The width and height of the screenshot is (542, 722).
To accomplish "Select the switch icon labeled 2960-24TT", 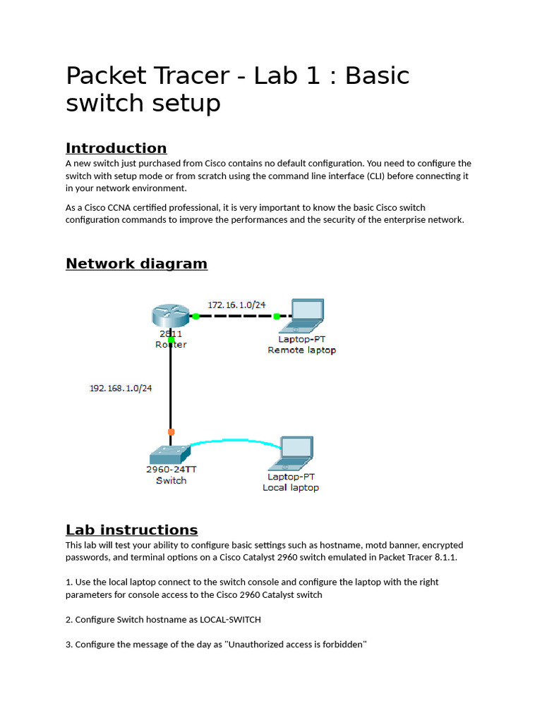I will pyautogui.click(x=170, y=453).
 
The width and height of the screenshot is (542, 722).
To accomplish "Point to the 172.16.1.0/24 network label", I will pyautogui.click(x=236, y=305).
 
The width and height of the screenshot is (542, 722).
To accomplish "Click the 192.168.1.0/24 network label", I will pyautogui.click(x=120, y=388).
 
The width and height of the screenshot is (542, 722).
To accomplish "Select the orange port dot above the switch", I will pyautogui.click(x=171, y=432).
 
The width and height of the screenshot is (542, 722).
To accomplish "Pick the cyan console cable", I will pyautogui.click(x=233, y=441).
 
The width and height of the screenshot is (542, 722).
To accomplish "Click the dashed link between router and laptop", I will pyautogui.click(x=236, y=317).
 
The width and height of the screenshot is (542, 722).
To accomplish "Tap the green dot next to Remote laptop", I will pyautogui.click(x=277, y=317).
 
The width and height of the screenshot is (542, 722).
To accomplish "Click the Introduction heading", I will pyautogui.click(x=116, y=148).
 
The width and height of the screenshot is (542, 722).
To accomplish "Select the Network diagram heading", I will pyautogui.click(x=136, y=264).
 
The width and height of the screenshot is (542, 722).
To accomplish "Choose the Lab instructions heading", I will pyautogui.click(x=131, y=530).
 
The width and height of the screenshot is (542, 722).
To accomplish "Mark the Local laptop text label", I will pyautogui.click(x=290, y=487).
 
